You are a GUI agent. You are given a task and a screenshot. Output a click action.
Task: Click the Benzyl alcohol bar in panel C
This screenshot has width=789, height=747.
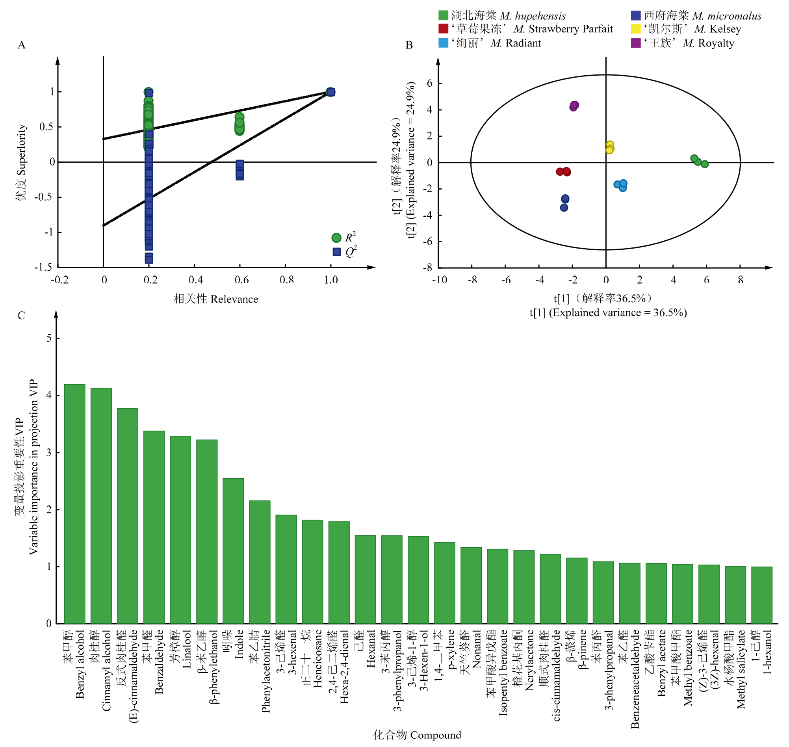[x=75, y=504]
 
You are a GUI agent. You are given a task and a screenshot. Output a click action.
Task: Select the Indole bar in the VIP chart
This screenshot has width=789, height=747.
[x=233, y=551]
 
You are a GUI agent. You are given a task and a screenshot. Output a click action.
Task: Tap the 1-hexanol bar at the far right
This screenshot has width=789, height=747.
[x=761, y=595]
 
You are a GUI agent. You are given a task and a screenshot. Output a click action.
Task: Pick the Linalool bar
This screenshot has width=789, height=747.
[x=180, y=530]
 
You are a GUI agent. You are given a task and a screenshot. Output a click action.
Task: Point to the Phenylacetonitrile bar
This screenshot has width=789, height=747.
[x=260, y=562]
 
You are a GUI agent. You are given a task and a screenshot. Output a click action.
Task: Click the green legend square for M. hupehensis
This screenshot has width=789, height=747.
[x=443, y=15]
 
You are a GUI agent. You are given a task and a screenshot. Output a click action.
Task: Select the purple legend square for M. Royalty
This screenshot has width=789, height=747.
[x=636, y=43]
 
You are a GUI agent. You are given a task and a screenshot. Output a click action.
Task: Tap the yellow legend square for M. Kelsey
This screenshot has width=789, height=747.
[x=636, y=29]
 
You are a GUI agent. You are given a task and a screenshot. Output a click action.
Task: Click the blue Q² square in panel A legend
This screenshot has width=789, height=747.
[x=336, y=252]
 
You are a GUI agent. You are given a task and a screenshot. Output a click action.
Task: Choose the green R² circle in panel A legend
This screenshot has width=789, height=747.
[x=336, y=238]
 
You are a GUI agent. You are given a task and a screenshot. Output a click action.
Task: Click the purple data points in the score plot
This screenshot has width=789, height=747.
[x=574, y=106]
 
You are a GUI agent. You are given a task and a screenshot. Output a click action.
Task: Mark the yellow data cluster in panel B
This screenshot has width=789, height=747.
[x=609, y=147]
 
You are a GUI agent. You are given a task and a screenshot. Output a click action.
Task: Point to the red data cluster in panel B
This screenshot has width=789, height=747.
[x=564, y=172]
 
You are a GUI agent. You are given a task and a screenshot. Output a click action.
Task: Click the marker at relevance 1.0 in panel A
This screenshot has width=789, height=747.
[x=330, y=92]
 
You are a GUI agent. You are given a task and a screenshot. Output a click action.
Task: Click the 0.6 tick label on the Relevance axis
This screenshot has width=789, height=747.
[x=241, y=280]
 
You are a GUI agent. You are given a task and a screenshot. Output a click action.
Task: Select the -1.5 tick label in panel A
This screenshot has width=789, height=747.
[x=43, y=267]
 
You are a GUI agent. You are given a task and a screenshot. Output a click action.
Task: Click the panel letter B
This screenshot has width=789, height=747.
[x=409, y=45]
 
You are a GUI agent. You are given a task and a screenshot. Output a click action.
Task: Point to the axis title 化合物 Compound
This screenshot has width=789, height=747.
[x=417, y=734]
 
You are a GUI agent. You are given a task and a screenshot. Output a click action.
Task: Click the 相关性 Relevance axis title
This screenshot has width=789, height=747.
[x=216, y=299]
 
